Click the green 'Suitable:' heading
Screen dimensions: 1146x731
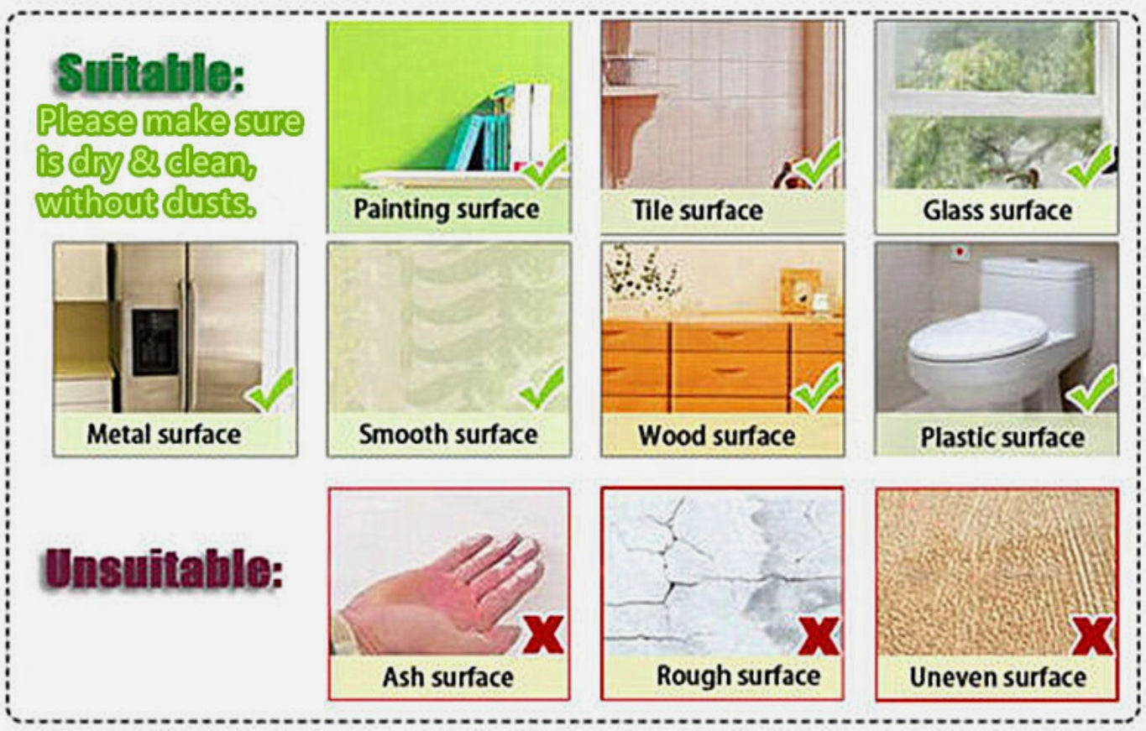pyautogui.click(x=149, y=73)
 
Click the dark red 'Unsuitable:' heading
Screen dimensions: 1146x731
pyautogui.click(x=161, y=568)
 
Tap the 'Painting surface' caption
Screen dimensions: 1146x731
pyautogui.click(x=447, y=209)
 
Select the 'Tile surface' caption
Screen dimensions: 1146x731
pyautogui.click(x=698, y=211)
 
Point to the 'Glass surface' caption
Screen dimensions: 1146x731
pyautogui.click(x=997, y=211)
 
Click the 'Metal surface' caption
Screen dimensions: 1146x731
pyautogui.click(x=164, y=434)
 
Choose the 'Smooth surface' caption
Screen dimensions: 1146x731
pyautogui.click(x=448, y=434)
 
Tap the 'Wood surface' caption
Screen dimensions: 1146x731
pyautogui.click(x=716, y=436)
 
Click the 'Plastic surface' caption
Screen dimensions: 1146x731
pyautogui.click(x=1002, y=437)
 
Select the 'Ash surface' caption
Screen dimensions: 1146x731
pyautogui.click(x=448, y=677)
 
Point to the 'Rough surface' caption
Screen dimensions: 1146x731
pyautogui.click(x=738, y=676)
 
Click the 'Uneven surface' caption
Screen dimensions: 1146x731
pyautogui.click(x=997, y=677)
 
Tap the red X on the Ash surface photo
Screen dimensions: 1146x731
pyautogui.click(x=543, y=634)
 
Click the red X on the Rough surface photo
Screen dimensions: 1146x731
pyautogui.click(x=819, y=635)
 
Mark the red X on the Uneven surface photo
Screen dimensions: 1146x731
pyautogui.click(x=1093, y=635)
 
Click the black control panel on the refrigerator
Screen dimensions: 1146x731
pyautogui.click(x=155, y=342)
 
